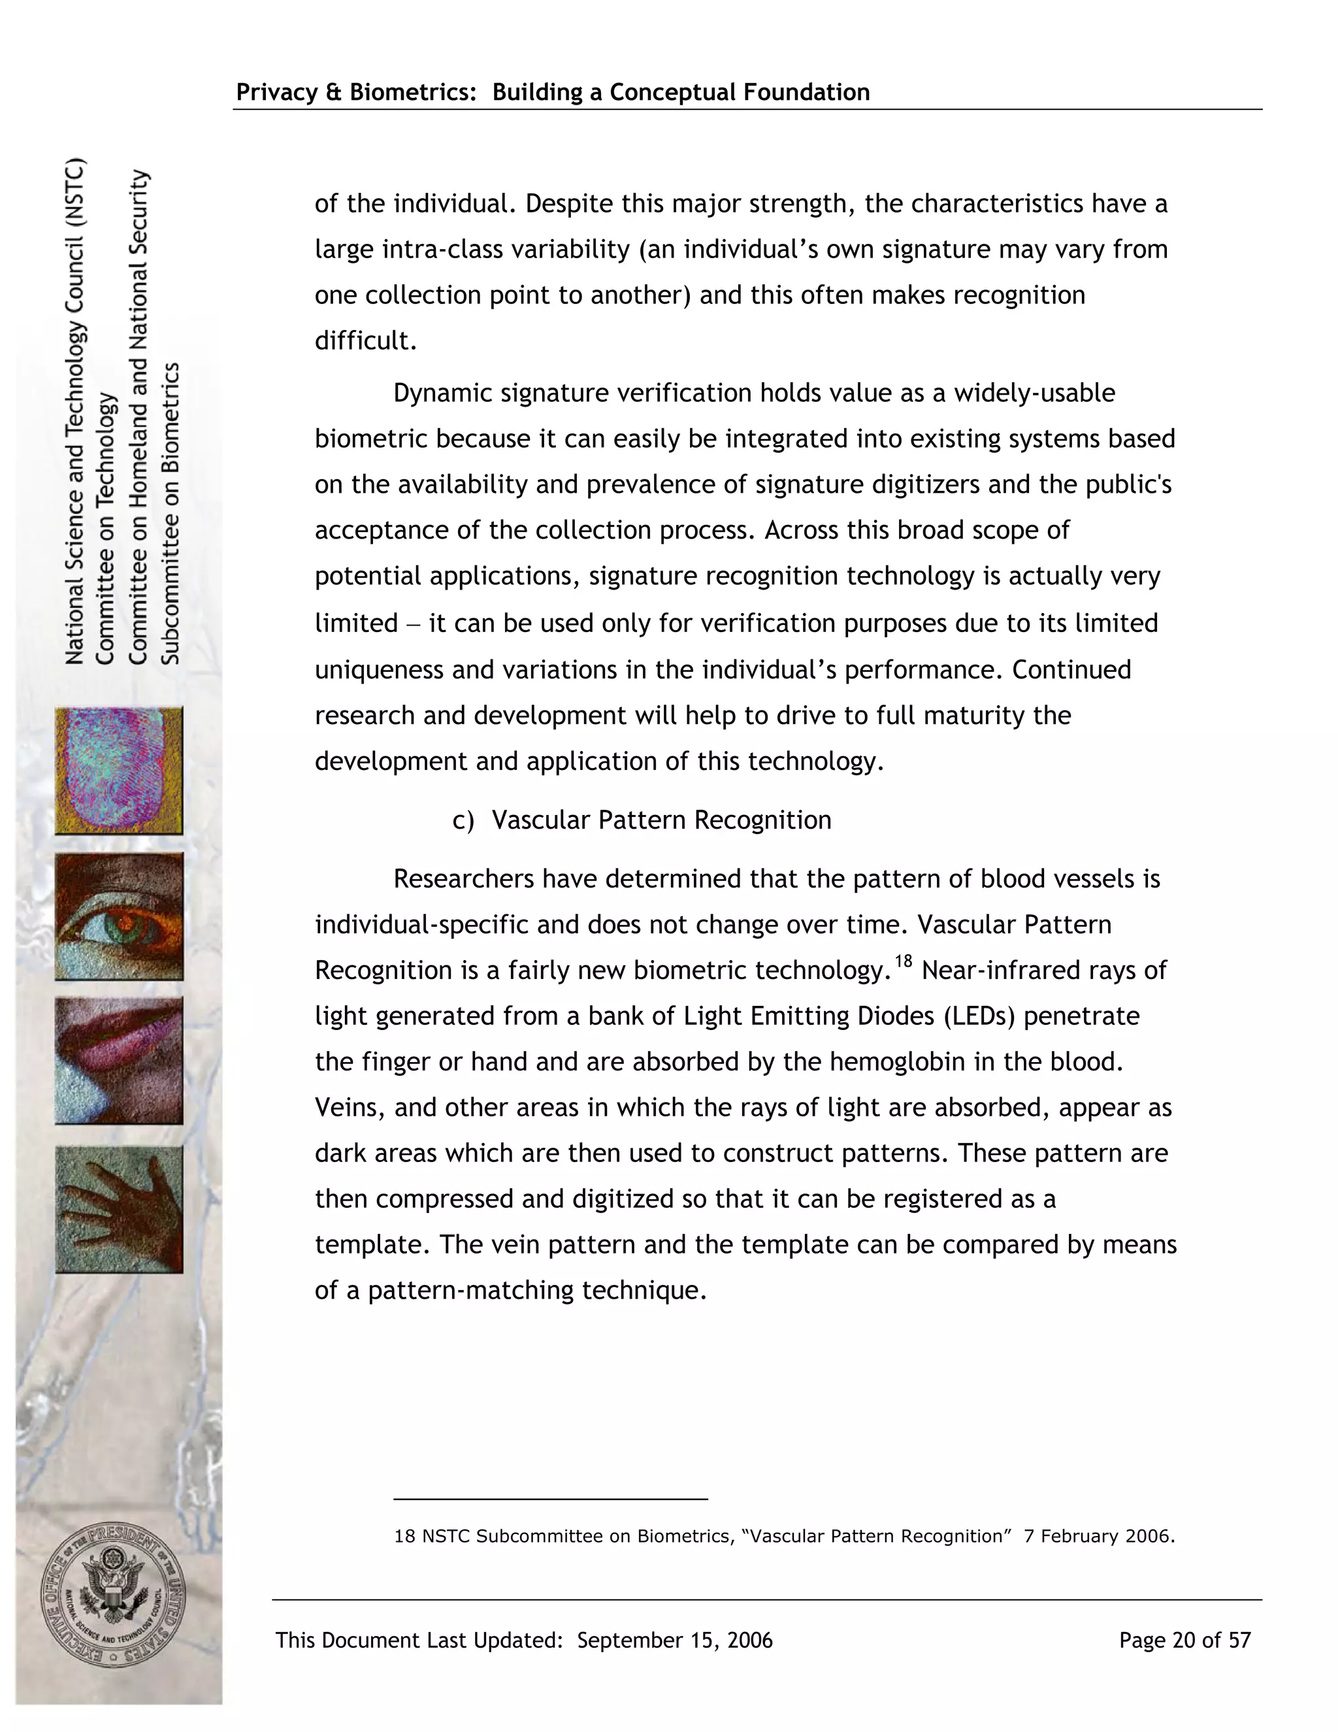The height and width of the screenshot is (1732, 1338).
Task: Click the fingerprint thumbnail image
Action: click(119, 771)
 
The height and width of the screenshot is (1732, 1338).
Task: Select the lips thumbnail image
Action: click(119, 1060)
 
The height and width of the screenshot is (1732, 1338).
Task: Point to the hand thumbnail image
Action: click(119, 1208)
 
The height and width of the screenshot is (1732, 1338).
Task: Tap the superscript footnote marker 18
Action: click(904, 962)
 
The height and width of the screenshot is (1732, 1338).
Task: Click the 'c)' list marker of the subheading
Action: click(463, 820)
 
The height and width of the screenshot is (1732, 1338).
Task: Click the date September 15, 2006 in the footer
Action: click(674, 1640)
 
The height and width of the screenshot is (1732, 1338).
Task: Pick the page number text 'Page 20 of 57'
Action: click(1184, 1640)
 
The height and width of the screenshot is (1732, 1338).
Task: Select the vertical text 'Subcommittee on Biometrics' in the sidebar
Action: click(171, 513)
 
